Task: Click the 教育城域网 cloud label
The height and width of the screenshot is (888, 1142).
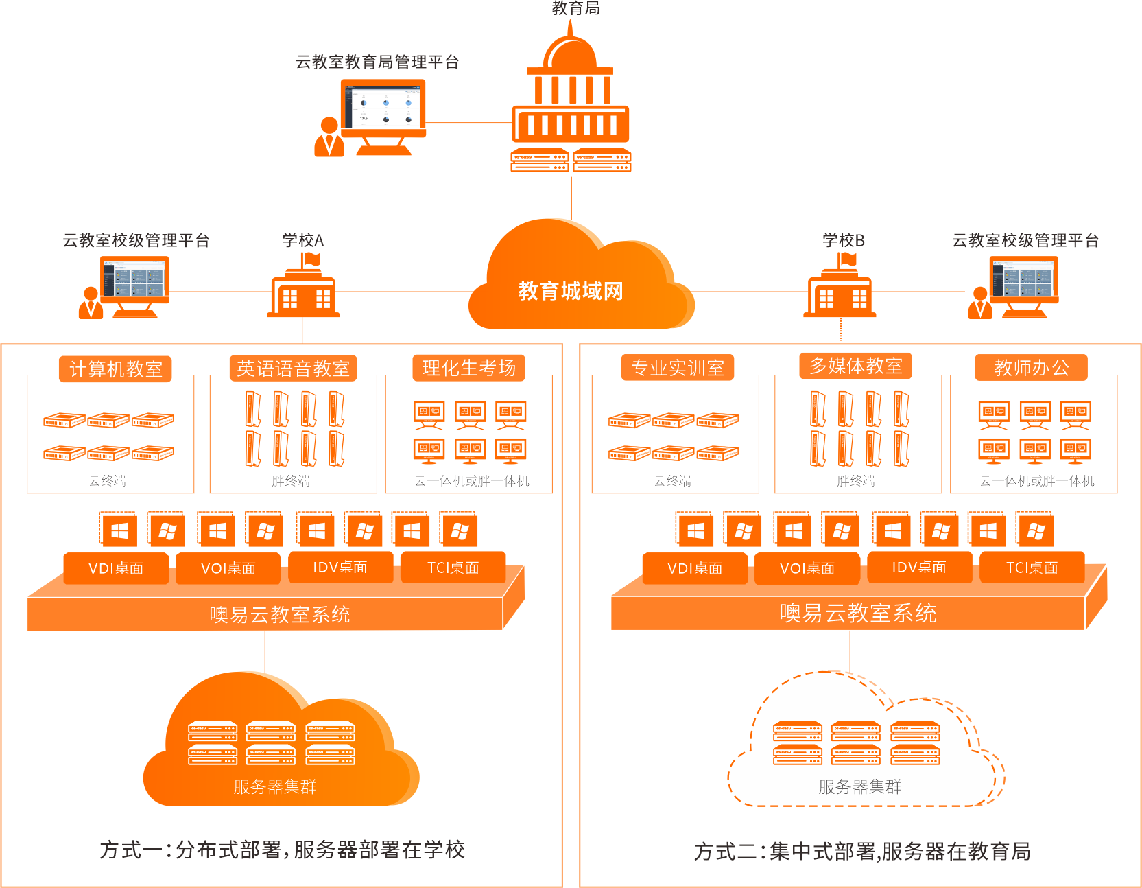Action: pyautogui.click(x=571, y=291)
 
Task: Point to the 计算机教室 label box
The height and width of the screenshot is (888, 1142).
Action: pyautogui.click(x=115, y=369)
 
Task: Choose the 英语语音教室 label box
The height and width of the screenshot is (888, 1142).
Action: pyautogui.click(x=293, y=369)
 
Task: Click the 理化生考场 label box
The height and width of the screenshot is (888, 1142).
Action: pyautogui.click(x=469, y=368)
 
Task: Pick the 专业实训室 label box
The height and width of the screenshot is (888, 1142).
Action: pyautogui.click(x=678, y=368)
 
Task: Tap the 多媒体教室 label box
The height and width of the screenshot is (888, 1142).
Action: pyautogui.click(x=856, y=366)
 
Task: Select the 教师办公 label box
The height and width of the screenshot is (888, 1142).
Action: pyautogui.click(x=1032, y=368)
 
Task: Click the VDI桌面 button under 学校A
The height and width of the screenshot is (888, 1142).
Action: pyautogui.click(x=116, y=568)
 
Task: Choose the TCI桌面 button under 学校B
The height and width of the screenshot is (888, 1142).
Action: pyautogui.click(x=1032, y=568)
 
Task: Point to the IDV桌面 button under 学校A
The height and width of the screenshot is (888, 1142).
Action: pyautogui.click(x=341, y=568)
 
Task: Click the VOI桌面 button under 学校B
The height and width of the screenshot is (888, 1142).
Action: pyautogui.click(x=807, y=568)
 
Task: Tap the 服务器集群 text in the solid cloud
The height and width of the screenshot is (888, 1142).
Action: pyautogui.click(x=274, y=786)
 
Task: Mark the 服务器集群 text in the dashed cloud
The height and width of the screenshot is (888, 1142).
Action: pyautogui.click(x=859, y=786)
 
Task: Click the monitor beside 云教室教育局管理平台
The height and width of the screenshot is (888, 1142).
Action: pyautogui.click(x=383, y=110)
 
